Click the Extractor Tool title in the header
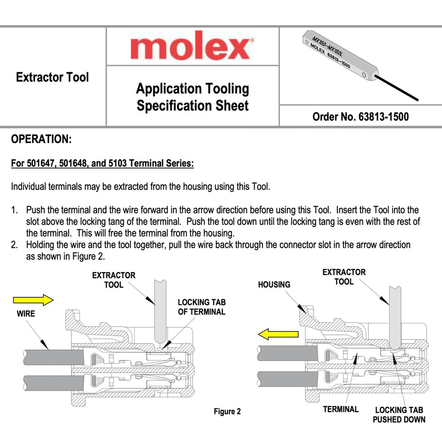(x=52, y=77)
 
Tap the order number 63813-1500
(x=360, y=116)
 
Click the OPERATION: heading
(x=41, y=139)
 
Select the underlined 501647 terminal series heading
(x=102, y=163)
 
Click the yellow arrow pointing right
(x=34, y=300)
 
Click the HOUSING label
(x=274, y=285)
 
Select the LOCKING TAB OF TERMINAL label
(x=202, y=307)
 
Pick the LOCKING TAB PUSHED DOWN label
(x=399, y=414)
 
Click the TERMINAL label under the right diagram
(x=341, y=409)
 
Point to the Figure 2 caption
(x=227, y=411)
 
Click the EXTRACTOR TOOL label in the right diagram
(x=344, y=277)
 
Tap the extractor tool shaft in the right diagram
(x=395, y=318)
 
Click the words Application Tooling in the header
(x=192, y=88)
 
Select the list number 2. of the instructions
(x=15, y=244)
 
